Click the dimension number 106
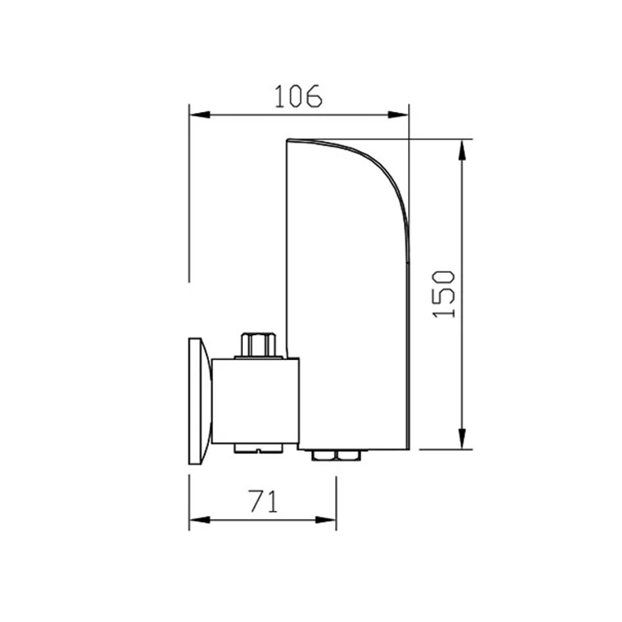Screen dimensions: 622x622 299,97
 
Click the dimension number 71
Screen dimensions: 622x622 262,502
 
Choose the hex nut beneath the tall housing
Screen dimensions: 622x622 334,454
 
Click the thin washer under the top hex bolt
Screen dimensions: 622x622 257,357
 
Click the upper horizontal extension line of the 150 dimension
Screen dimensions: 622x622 444,138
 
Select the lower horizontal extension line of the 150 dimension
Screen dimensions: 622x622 444,449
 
